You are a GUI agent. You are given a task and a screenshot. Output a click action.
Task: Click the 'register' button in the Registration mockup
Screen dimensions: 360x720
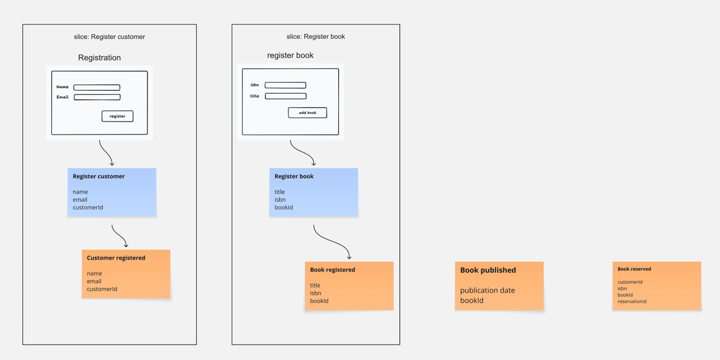(117, 116)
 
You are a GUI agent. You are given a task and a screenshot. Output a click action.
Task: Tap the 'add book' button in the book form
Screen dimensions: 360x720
(307, 113)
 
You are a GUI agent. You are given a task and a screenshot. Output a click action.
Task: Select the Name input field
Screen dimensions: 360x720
(97, 87)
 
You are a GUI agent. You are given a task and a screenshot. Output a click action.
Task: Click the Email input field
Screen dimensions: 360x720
(97, 97)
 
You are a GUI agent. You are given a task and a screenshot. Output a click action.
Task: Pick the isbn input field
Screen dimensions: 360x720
(285, 85)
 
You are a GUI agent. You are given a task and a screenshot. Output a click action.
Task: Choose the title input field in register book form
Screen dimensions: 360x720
(286, 96)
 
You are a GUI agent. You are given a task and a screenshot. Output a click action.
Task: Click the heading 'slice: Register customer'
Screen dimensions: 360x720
(109, 37)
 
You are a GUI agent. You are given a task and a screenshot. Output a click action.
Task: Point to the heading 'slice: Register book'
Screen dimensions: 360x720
(315, 36)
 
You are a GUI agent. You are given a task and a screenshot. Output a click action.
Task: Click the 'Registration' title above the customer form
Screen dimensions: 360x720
(99, 58)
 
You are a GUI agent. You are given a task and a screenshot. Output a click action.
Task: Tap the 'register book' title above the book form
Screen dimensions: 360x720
(290, 55)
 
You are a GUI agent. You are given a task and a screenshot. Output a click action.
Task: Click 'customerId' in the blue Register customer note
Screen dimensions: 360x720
(88, 207)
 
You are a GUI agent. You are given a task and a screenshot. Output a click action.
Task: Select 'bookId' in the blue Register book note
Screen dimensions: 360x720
(284, 207)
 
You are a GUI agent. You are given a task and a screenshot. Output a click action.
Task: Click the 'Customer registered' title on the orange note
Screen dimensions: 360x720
(116, 258)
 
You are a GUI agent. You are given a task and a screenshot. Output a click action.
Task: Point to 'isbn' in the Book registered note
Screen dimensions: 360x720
(315, 293)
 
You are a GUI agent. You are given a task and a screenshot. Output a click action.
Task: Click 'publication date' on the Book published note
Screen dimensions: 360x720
(487, 290)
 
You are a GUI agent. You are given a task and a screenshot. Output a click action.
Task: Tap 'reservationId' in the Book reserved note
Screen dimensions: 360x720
(632, 301)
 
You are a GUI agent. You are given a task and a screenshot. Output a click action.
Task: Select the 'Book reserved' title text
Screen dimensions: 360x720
(634, 269)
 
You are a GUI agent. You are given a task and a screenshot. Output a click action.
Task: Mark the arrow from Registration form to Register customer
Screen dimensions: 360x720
(106, 153)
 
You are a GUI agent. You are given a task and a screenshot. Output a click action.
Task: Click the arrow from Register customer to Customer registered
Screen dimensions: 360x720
(119, 236)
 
